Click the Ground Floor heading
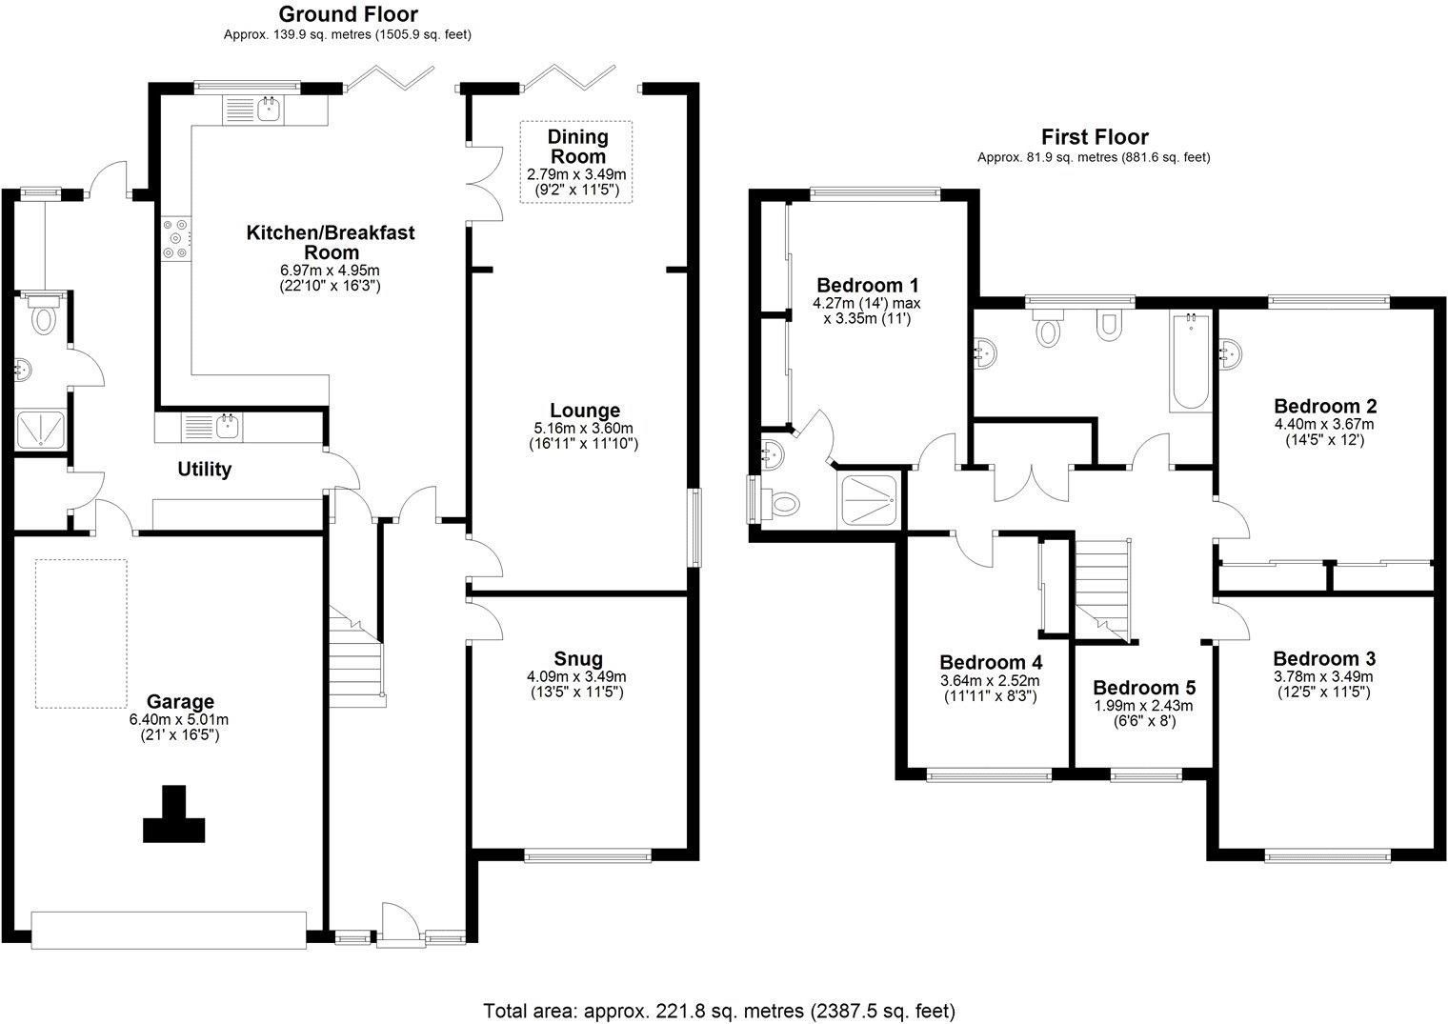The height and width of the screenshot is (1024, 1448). click(x=347, y=14)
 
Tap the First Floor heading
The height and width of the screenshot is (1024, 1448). click(x=1094, y=137)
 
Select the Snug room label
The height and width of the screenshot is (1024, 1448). click(x=578, y=658)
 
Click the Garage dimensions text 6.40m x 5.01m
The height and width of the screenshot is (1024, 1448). click(x=179, y=719)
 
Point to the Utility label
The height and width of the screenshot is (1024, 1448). click(x=204, y=470)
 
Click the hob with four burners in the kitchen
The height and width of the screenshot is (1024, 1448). click(x=176, y=238)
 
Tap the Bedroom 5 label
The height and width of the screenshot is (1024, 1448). click(x=1143, y=688)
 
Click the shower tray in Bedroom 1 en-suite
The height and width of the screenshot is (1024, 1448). click(x=869, y=500)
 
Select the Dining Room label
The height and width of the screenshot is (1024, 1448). click(x=577, y=147)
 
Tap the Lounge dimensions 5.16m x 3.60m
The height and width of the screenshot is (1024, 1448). click(x=584, y=429)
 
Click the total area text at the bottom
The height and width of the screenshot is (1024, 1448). click(x=719, y=1010)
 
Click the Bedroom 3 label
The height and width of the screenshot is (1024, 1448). click(x=1323, y=659)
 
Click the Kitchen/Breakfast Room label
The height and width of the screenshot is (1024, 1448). click(x=331, y=242)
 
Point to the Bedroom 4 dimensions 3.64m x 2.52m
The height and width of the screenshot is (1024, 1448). click(x=990, y=681)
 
